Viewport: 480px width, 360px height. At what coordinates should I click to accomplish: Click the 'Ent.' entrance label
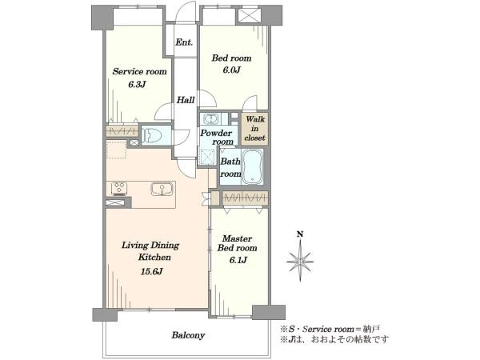[184, 42]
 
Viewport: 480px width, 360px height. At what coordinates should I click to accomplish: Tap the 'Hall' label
[186, 100]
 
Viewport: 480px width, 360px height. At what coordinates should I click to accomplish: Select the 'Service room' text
[139, 72]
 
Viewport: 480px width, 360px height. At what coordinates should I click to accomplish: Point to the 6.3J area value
[137, 85]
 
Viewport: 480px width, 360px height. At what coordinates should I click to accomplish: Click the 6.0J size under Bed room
[231, 70]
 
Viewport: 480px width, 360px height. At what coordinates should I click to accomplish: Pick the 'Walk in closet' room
[254, 128]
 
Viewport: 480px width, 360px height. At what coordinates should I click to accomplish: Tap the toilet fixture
[152, 134]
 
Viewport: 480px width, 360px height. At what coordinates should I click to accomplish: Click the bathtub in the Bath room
[252, 167]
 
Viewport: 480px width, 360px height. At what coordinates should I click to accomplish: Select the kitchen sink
[162, 189]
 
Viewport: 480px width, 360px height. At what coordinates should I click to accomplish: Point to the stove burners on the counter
[119, 188]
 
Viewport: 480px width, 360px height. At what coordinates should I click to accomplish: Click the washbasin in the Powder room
[210, 118]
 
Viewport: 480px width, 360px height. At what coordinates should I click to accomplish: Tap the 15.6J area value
[152, 271]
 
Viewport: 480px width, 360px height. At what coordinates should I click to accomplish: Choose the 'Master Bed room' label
[238, 243]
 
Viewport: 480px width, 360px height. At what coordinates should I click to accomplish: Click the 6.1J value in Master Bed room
[238, 260]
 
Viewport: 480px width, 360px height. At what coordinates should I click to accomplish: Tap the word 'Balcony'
[188, 335]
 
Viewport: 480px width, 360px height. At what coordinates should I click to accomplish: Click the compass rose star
[300, 261]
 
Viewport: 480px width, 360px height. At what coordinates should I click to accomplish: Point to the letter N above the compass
[300, 234]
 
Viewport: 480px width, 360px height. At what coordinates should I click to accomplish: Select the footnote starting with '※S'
[330, 329]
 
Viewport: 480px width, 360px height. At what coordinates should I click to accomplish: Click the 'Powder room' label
[217, 138]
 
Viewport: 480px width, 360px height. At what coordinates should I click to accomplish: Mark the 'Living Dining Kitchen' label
[150, 251]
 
